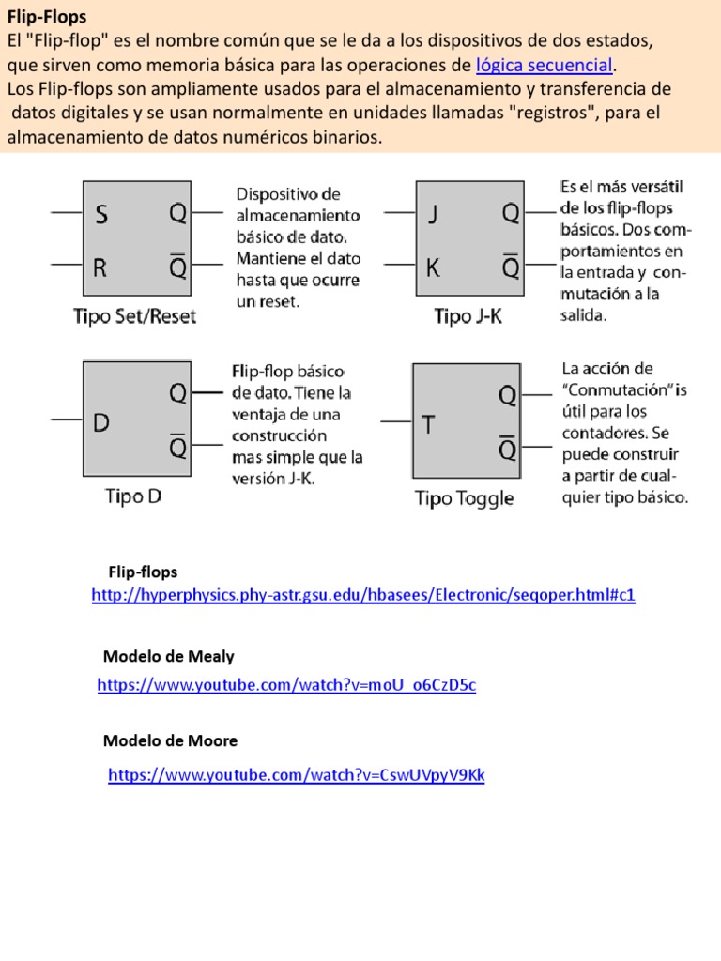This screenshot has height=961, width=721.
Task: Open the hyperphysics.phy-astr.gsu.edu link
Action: [x=363, y=596]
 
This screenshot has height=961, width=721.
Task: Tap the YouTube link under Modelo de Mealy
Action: [x=286, y=685]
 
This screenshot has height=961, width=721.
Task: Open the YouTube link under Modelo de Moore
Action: [x=297, y=775]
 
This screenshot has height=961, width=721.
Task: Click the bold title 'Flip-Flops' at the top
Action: [x=47, y=17]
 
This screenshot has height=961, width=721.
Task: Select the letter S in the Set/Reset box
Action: [x=101, y=215]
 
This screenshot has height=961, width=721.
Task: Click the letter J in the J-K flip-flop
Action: [x=433, y=215]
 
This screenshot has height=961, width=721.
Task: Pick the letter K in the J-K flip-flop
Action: [x=433, y=268]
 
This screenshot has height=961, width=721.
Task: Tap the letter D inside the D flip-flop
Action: [x=101, y=423]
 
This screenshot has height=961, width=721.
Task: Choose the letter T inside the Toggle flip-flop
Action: [x=428, y=425]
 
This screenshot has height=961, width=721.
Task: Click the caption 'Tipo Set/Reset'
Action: [x=135, y=316]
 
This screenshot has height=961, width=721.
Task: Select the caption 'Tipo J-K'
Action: [x=468, y=316]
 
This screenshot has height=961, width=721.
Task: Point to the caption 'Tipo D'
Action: [x=133, y=496]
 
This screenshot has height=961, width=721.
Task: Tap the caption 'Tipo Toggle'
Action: [x=464, y=498]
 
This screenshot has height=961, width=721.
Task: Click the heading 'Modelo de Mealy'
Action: [x=168, y=657]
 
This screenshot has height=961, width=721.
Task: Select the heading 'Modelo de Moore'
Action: [x=170, y=741]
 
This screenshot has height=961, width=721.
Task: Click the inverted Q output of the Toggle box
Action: [x=508, y=449]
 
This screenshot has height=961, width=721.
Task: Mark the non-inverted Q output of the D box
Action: [x=177, y=394]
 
